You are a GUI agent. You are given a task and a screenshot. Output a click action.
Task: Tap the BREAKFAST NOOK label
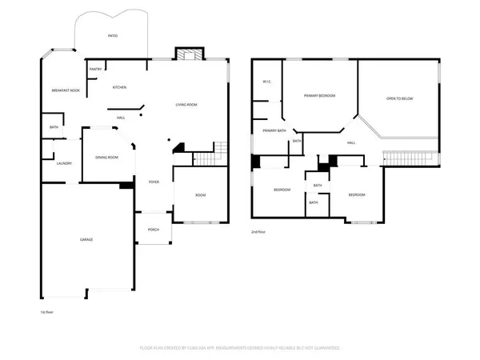(65, 90)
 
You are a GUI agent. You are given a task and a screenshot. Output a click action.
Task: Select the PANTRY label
(95, 70)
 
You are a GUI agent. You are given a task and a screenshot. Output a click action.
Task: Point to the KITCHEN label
(120, 87)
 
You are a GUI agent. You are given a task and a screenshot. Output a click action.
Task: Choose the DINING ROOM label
(106, 157)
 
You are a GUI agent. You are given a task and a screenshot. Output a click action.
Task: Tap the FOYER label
(153, 182)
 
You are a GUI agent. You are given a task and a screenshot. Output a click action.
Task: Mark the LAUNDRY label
(64, 163)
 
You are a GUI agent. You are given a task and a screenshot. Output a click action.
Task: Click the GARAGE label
(87, 240)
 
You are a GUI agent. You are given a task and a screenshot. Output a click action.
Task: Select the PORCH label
(153, 230)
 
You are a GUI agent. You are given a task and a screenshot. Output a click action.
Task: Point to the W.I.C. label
(268, 82)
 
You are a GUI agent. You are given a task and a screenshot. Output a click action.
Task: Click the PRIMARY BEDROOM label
(318, 96)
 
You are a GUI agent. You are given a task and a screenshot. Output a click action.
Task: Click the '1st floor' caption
(47, 311)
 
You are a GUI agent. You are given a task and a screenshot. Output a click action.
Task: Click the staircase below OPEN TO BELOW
(411, 157)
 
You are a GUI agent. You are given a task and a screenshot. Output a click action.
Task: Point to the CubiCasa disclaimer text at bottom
(239, 348)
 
